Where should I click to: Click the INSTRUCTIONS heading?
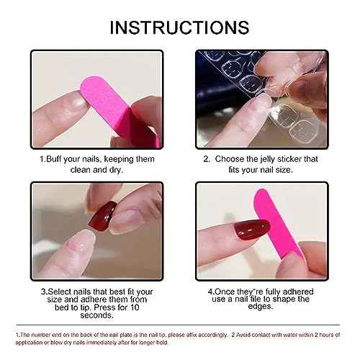click(179, 27)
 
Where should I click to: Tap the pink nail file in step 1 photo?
click(115, 108)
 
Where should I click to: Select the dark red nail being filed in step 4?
click(252, 229)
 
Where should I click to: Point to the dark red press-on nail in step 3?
click(103, 217)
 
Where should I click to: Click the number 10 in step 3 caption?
click(135, 307)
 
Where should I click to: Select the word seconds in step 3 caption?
click(96, 315)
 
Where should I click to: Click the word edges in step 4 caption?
click(261, 307)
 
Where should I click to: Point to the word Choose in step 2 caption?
click(229, 159)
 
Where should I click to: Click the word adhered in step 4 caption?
click(298, 292)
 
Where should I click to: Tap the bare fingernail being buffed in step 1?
click(76, 102)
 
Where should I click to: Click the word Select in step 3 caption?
click(60, 292)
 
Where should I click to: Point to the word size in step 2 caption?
click(284, 170)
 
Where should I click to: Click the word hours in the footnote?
click(326, 335)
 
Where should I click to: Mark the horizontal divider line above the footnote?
click(178, 325)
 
